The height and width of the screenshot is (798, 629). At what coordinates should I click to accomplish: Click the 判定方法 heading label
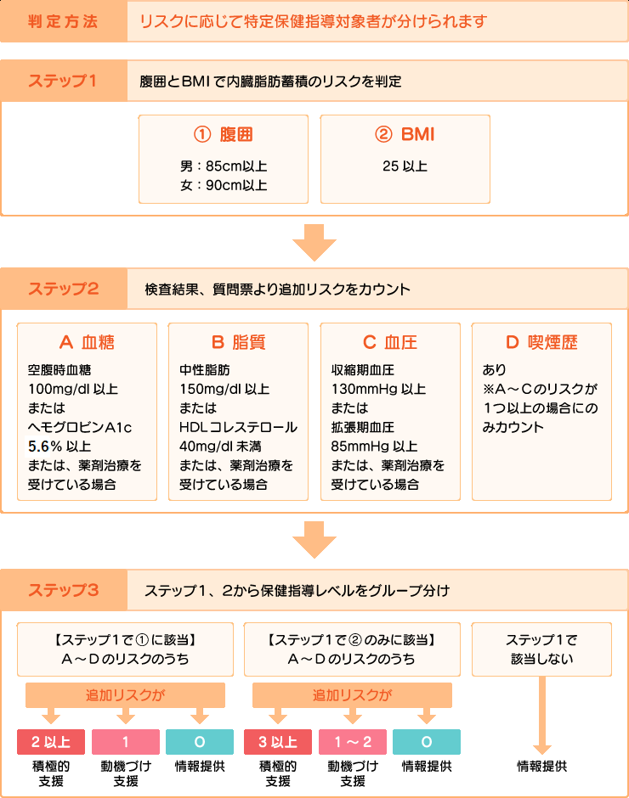[x=63, y=21]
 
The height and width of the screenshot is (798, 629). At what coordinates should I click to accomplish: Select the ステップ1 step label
[x=63, y=81]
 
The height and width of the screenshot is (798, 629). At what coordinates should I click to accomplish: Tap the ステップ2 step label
[x=63, y=289]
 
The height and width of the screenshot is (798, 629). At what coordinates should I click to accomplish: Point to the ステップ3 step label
[x=63, y=589]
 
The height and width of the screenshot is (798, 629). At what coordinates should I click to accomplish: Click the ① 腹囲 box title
[x=224, y=134]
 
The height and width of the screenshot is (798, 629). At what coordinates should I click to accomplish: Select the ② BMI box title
[x=405, y=134]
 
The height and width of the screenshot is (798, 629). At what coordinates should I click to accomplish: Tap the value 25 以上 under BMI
[x=405, y=166]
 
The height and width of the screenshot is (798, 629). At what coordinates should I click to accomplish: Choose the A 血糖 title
[x=87, y=343]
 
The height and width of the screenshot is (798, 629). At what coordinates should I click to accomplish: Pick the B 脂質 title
[x=238, y=343]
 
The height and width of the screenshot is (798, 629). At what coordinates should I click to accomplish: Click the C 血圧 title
[x=389, y=343]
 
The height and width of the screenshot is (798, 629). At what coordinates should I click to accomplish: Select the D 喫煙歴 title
[x=541, y=343]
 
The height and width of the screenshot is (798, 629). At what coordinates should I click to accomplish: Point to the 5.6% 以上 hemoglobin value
[x=61, y=446]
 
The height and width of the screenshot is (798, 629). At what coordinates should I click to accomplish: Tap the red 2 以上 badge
[x=51, y=742]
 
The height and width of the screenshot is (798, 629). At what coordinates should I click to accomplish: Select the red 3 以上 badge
[x=278, y=742]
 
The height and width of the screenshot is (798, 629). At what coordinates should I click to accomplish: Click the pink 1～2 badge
[x=352, y=742]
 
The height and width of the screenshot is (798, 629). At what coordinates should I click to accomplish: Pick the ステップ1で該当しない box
[x=541, y=649]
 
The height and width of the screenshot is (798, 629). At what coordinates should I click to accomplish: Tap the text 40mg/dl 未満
[x=223, y=446]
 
